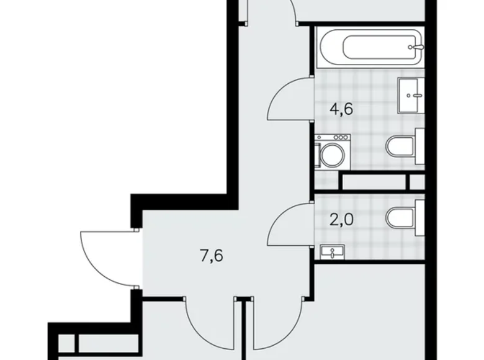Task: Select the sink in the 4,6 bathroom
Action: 411,94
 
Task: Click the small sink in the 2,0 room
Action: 333,251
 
